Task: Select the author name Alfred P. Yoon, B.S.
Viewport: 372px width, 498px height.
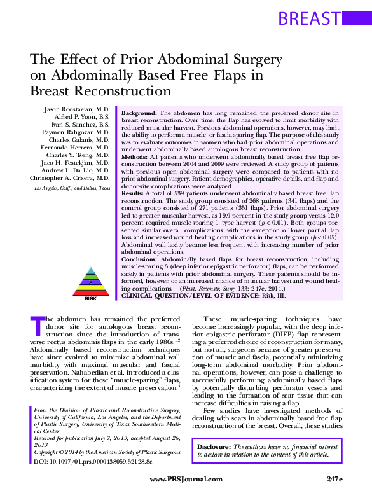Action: coord(83,119)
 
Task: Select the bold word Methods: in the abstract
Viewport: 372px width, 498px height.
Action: coord(135,155)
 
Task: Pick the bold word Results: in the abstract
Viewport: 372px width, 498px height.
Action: coord(134,191)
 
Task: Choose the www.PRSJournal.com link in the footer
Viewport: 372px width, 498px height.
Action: coord(186,479)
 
